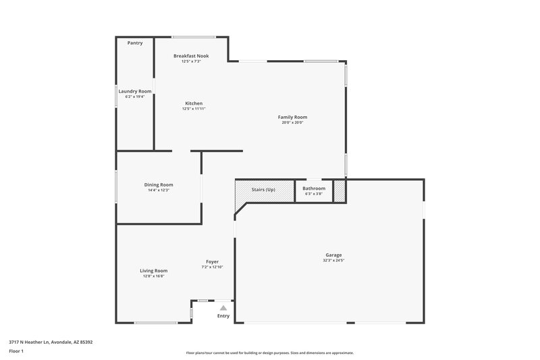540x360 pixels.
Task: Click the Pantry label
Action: click(x=135, y=43)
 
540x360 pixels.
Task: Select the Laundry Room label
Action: click(x=135, y=91)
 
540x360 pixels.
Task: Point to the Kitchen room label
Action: click(x=194, y=103)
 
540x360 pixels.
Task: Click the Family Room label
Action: click(x=292, y=117)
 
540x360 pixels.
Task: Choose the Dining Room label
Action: click(x=159, y=184)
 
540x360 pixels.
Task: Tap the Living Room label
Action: click(x=153, y=270)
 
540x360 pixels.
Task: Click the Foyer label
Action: click(x=212, y=261)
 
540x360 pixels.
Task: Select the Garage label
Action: click(x=333, y=255)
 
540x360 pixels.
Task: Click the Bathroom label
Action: click(x=314, y=188)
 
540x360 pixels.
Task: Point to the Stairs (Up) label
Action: click(x=263, y=190)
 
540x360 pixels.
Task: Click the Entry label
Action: click(x=223, y=315)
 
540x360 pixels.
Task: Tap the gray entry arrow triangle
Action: click(x=223, y=307)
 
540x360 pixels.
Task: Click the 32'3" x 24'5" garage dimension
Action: click(x=333, y=261)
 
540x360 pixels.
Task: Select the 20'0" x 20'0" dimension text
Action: click(x=292, y=123)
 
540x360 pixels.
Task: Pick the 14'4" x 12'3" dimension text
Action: click(x=159, y=190)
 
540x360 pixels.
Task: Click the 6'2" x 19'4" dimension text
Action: click(x=135, y=97)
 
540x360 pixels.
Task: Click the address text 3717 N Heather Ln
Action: click(x=51, y=342)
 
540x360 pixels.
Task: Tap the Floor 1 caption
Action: click(x=17, y=352)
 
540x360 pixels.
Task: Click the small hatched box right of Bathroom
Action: click(x=340, y=191)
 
